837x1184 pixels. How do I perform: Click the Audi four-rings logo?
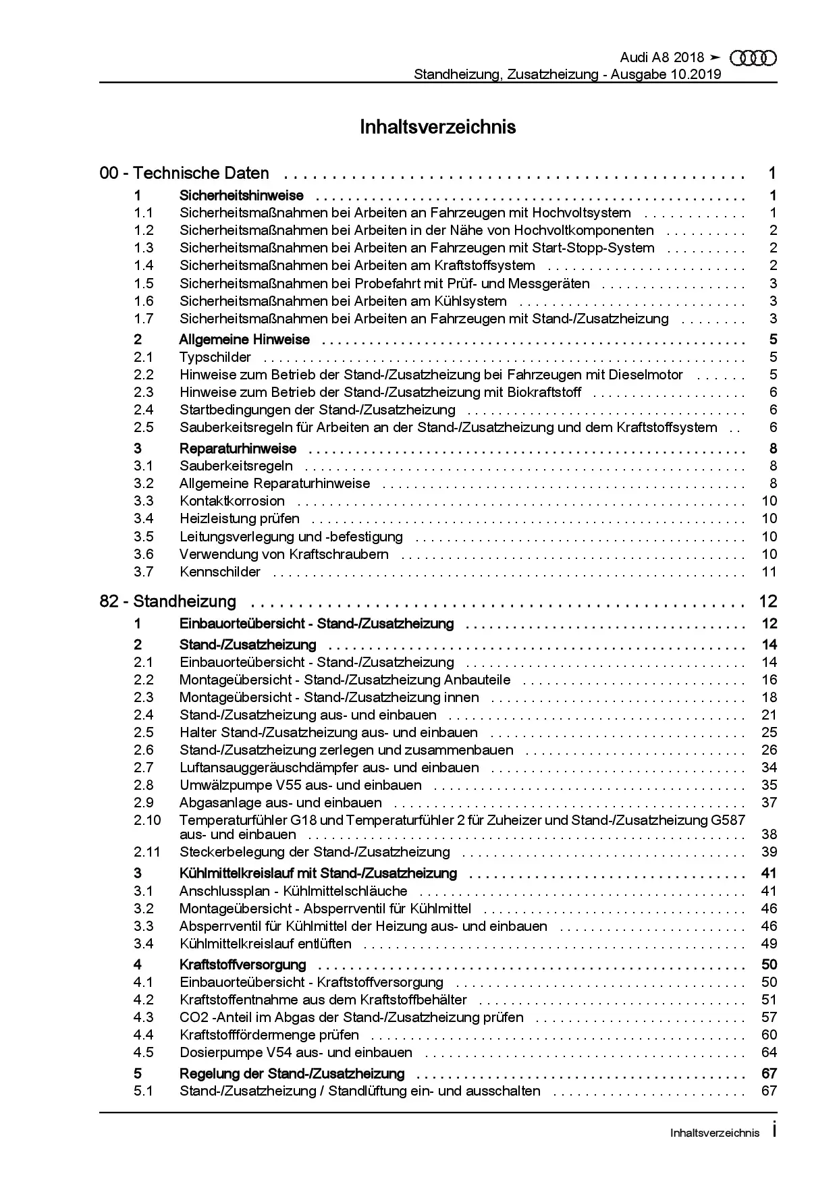(x=753, y=59)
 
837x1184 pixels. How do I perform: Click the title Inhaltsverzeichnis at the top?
(x=437, y=127)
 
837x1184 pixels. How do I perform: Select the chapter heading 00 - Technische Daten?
(x=184, y=173)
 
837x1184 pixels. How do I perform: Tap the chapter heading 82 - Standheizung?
(x=168, y=601)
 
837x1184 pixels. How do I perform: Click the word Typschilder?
(x=215, y=357)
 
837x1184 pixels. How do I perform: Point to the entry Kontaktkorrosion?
(x=232, y=501)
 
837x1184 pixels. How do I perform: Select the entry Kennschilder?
(x=220, y=572)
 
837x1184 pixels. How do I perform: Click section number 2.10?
(x=147, y=820)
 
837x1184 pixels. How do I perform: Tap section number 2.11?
(x=147, y=852)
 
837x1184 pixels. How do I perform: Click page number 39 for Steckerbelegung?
(x=769, y=852)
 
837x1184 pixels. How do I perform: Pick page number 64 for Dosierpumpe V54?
(x=769, y=1052)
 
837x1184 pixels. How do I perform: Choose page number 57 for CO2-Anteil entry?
(x=769, y=1017)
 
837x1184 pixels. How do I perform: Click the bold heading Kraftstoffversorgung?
(x=243, y=965)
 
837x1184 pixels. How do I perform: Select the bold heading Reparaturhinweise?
(x=238, y=448)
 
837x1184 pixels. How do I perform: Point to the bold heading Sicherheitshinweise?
(x=242, y=196)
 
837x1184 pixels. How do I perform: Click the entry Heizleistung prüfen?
(x=240, y=518)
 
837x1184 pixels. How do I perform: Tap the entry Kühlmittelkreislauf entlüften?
(x=265, y=944)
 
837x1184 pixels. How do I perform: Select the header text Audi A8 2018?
(x=661, y=58)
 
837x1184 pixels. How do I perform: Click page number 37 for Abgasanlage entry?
(x=769, y=803)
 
